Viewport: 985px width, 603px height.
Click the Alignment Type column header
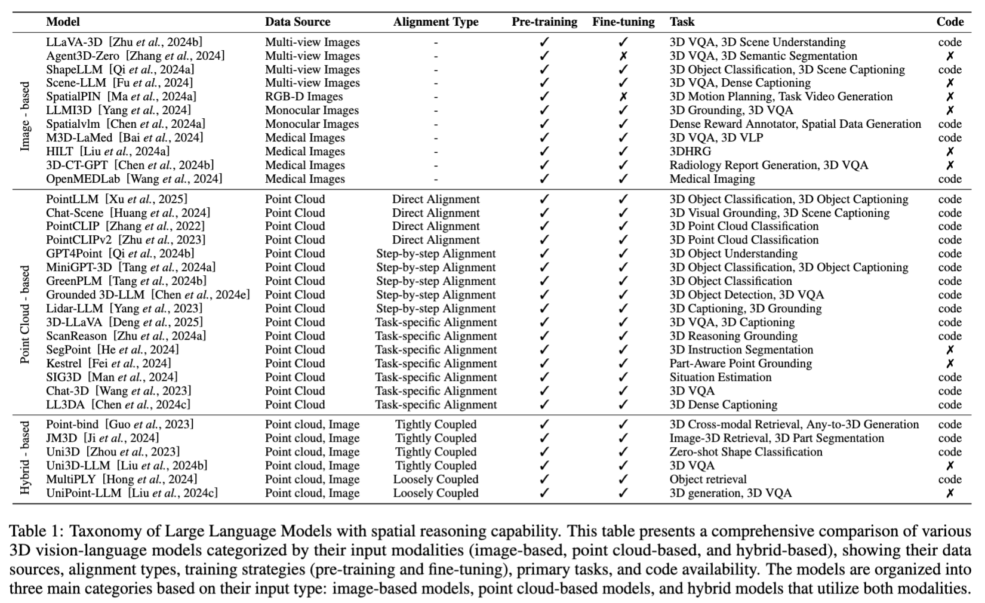click(x=436, y=22)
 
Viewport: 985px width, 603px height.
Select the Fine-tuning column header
click(x=623, y=22)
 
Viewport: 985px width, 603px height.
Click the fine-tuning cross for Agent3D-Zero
click(x=623, y=56)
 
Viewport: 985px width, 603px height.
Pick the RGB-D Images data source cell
click(x=304, y=97)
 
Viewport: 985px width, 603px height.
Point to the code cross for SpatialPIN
click(x=950, y=97)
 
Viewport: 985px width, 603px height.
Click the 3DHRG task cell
click(x=690, y=152)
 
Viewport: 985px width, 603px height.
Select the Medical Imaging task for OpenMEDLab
click(x=712, y=179)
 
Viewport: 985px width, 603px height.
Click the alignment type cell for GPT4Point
click(x=436, y=254)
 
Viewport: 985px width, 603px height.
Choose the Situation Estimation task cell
click(x=721, y=377)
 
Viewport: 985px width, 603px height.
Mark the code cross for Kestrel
click(x=950, y=364)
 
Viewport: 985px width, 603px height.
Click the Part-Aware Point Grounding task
click(x=741, y=364)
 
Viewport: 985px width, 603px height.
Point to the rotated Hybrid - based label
click(x=25, y=459)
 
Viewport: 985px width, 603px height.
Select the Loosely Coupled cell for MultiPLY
click(x=436, y=479)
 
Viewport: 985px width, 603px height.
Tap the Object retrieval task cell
click(x=708, y=479)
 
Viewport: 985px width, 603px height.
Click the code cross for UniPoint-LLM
click(x=950, y=493)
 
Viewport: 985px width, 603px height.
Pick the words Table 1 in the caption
click(x=30, y=531)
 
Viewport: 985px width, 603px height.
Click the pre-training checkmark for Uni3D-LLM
click(x=544, y=466)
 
